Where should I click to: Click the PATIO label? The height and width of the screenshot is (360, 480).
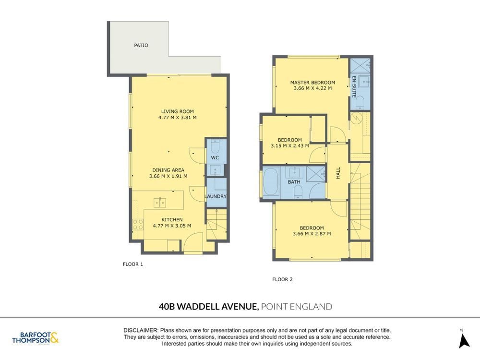(141, 45)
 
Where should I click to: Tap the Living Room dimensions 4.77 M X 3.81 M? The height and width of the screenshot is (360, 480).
(177, 117)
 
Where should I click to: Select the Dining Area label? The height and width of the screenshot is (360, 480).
(168, 170)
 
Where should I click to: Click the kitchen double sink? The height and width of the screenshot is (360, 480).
(160, 203)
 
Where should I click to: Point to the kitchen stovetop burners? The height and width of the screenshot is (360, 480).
(138, 224)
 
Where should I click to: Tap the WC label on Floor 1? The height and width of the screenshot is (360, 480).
(215, 157)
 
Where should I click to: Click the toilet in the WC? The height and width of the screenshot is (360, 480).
(215, 146)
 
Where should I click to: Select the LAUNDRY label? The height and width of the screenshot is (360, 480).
(216, 196)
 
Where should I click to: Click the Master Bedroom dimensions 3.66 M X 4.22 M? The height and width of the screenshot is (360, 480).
(312, 88)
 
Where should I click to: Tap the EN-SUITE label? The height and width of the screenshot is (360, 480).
(354, 86)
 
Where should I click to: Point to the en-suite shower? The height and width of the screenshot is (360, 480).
(360, 65)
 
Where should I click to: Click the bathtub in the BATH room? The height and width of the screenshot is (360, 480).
(270, 182)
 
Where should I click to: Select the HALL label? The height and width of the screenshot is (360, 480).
(338, 173)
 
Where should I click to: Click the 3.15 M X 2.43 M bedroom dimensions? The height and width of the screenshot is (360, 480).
(289, 146)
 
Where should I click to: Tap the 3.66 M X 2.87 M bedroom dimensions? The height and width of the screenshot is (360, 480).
(312, 234)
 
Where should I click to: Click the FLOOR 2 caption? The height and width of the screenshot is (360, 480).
(282, 279)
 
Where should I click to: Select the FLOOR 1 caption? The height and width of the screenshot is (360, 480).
(133, 264)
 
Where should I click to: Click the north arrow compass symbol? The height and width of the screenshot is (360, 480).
(464, 341)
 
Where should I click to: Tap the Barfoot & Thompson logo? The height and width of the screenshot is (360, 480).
(36, 337)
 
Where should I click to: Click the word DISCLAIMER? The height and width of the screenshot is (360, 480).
(141, 330)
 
